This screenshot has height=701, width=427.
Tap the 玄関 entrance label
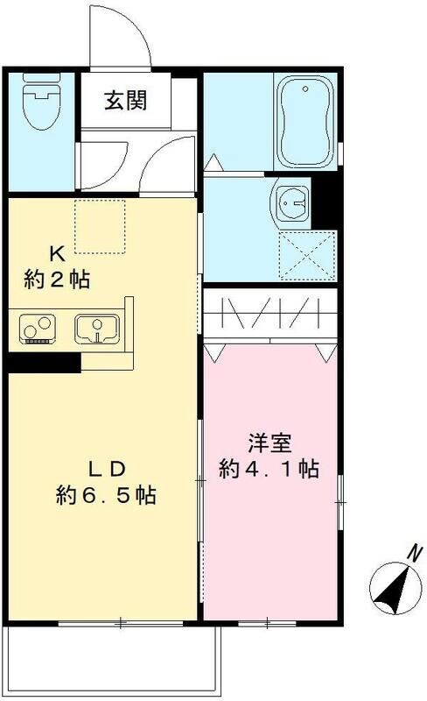(125, 99)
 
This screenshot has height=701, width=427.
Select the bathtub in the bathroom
(305, 122)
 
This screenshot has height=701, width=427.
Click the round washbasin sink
(292, 202)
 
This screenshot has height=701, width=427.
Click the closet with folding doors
(270, 314)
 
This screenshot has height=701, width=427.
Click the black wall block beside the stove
(45, 361)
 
